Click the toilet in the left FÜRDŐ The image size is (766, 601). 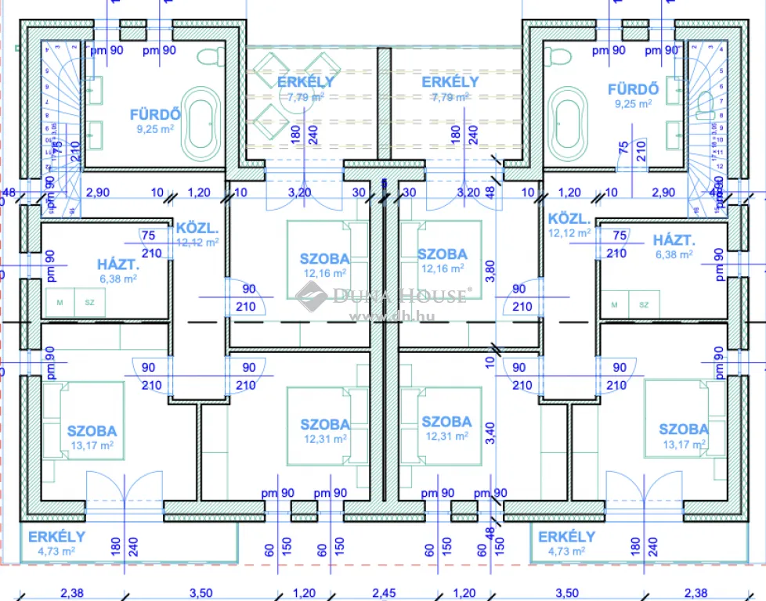(210, 57)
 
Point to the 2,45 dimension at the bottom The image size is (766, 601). (384, 592)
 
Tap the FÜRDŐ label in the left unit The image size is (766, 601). (155, 114)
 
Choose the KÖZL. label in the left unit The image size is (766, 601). (196, 228)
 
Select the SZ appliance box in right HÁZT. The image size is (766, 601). (644, 304)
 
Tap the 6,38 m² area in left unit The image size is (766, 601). (116, 279)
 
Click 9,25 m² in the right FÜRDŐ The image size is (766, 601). (634, 104)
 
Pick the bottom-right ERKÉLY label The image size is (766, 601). (566, 537)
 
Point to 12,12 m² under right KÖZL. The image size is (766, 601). (570, 233)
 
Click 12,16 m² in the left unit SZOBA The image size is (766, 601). (325, 273)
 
